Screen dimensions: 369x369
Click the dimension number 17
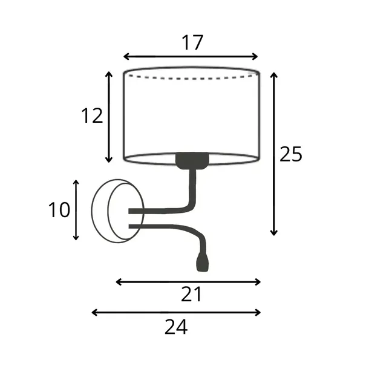(192, 42)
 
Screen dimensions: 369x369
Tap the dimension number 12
(92, 116)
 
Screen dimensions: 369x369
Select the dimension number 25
(290, 154)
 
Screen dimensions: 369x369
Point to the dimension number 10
(59, 210)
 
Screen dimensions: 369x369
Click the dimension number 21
(191, 294)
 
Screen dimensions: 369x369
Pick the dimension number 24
(176, 327)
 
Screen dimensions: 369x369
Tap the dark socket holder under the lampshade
(192, 161)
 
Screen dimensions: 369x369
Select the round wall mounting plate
(118, 211)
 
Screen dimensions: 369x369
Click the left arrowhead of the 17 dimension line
(126, 56)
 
